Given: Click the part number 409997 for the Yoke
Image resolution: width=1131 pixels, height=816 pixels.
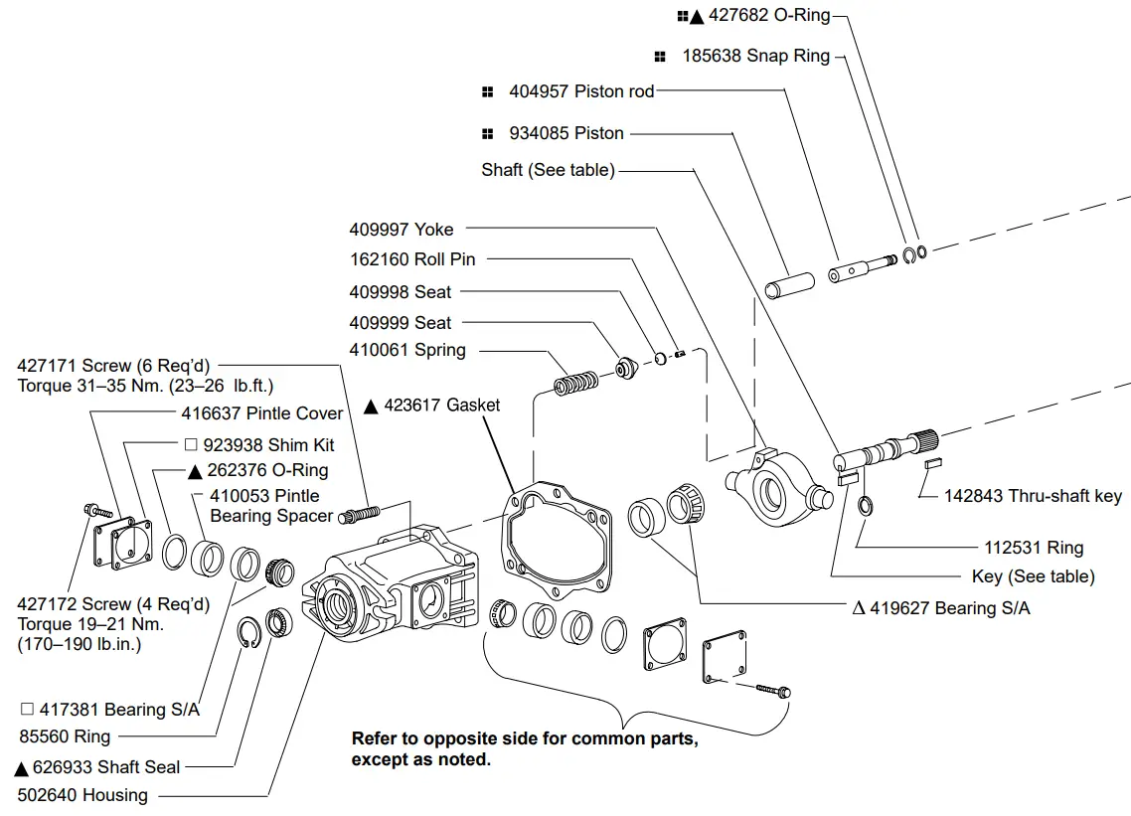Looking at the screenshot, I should pyautogui.click(x=379, y=230).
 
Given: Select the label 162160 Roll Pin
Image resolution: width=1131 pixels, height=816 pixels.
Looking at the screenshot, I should pyautogui.click(x=412, y=259).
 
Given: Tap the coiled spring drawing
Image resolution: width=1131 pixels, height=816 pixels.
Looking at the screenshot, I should pyautogui.click(x=575, y=383).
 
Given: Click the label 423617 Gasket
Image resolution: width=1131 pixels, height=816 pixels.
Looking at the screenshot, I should pyautogui.click(x=432, y=406).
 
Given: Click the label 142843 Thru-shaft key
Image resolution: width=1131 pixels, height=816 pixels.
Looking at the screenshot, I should pyautogui.click(x=1033, y=496).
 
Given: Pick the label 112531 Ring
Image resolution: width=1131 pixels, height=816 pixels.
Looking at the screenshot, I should pyautogui.click(x=1034, y=548).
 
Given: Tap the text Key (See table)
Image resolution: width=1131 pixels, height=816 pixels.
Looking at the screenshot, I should pyautogui.click(x=1033, y=576).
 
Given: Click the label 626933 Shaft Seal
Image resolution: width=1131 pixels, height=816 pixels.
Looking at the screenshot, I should pyautogui.click(x=97, y=767).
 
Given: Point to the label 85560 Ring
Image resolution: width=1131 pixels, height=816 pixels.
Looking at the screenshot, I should pyautogui.click(x=65, y=736).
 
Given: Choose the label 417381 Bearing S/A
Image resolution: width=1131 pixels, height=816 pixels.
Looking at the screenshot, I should pyautogui.click(x=110, y=710).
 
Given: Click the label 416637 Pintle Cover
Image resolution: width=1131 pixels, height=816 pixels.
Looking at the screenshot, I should pyautogui.click(x=261, y=413).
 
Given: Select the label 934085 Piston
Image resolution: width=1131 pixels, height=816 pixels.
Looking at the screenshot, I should pyautogui.click(x=566, y=133).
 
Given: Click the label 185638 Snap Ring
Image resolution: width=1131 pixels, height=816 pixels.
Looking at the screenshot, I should pyautogui.click(x=755, y=57).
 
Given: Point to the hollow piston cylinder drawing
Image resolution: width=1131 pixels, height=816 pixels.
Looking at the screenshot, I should pyautogui.click(x=788, y=282).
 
